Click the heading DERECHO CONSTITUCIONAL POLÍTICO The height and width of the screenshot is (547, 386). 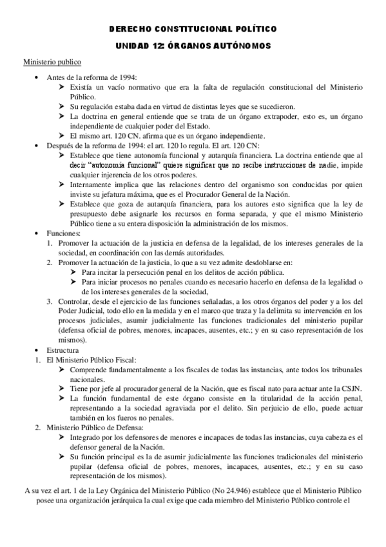pyautogui.click(x=193, y=30)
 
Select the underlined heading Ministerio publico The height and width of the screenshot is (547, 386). pyautogui.click(x=52, y=63)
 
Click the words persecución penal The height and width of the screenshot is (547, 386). pyautogui.click(x=152, y=273)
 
